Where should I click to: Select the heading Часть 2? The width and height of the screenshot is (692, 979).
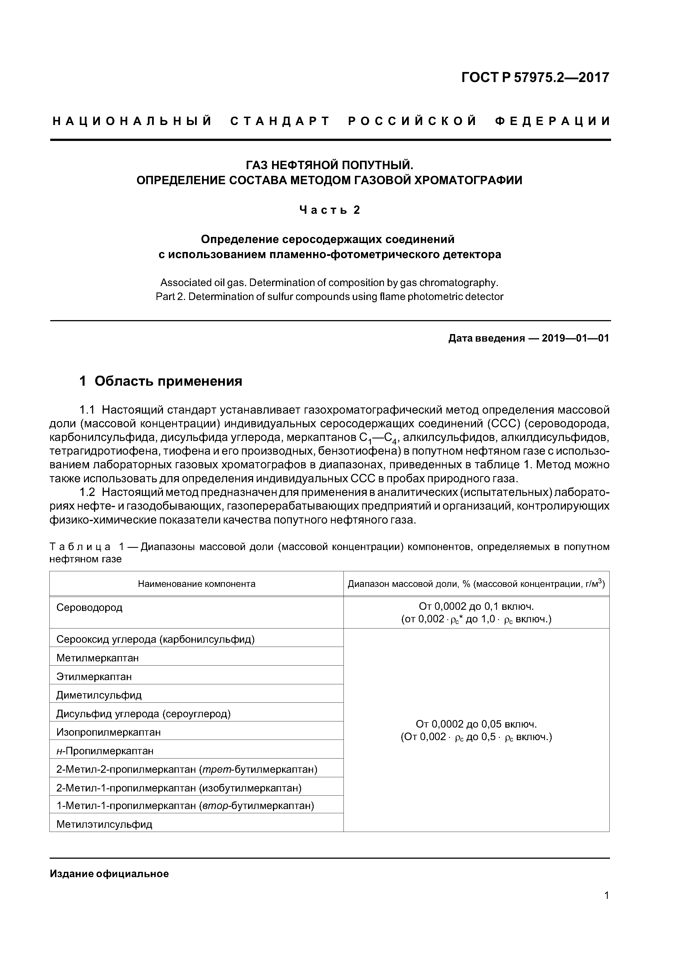pyautogui.click(x=330, y=210)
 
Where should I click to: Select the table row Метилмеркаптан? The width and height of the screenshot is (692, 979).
pyautogui.click(x=98, y=658)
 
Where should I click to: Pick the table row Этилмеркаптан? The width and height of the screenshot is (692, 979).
pyautogui.click(x=94, y=677)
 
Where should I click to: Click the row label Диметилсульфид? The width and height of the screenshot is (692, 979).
pyautogui.click(x=99, y=695)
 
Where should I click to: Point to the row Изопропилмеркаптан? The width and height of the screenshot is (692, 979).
pyautogui.click(x=109, y=733)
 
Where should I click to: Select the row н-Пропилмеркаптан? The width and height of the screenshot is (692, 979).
pyautogui.click(x=105, y=751)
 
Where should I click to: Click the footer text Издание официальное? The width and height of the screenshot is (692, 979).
pyautogui.click(x=109, y=874)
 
